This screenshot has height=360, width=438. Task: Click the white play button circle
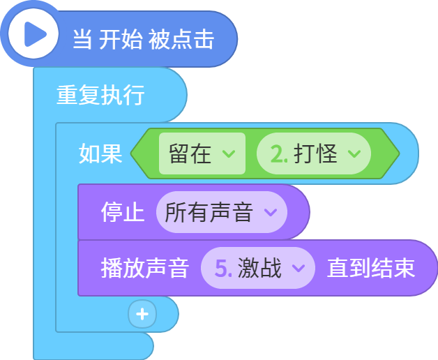point(33,33)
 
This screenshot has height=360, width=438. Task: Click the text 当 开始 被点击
point(144,39)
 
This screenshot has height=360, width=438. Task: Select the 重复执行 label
point(100,95)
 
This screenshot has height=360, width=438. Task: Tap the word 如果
point(100,153)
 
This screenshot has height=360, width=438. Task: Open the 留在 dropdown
point(202,153)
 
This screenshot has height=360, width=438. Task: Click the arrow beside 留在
point(229,153)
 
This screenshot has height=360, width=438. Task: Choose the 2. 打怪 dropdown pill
point(314,153)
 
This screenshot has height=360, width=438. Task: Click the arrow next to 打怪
point(354,153)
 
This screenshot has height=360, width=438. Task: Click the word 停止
point(123,212)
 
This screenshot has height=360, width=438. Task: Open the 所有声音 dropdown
point(222,212)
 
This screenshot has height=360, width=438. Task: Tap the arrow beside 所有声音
point(271,212)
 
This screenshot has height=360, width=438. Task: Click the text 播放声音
point(145,268)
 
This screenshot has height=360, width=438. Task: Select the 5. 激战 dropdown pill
point(258,268)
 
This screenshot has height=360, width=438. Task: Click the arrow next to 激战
point(299,268)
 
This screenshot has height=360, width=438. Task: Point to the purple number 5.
point(223,269)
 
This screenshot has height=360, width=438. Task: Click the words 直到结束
point(371,268)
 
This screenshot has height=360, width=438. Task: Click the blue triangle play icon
point(35,34)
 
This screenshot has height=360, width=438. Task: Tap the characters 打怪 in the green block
point(316,153)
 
